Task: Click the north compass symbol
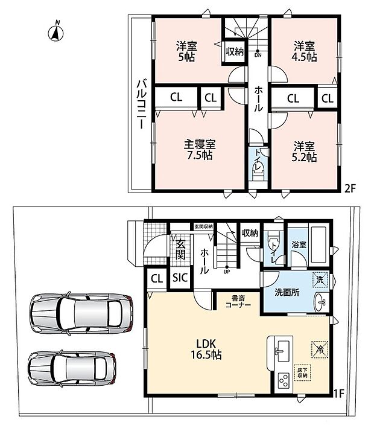coord(56,33)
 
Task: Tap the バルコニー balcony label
coord(142,104)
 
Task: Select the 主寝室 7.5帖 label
coord(200,150)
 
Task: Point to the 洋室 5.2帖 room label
coord(304,152)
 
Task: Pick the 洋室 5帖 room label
coord(186,51)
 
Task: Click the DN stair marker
coord(258,53)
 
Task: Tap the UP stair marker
coord(227,270)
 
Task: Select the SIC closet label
coord(180,278)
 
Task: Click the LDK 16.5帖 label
coord(206,349)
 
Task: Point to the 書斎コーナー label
coord(238,301)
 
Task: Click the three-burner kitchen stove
coord(283,380)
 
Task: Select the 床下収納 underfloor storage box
coord(303,372)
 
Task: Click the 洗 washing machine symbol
coord(320,279)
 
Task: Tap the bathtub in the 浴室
coord(319,244)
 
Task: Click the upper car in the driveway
coord(81,314)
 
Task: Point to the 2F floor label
coord(350,188)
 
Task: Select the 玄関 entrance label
coord(180,249)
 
